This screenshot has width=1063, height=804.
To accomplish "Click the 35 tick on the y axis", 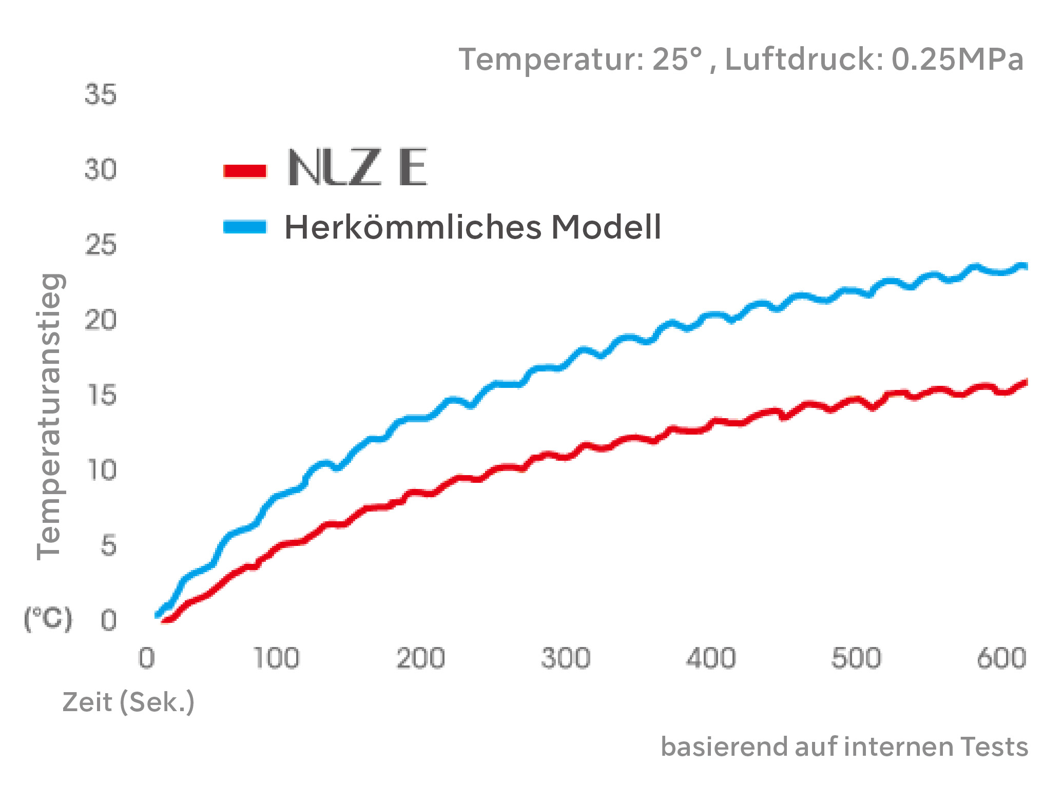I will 101,95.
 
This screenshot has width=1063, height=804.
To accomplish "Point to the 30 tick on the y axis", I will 101,169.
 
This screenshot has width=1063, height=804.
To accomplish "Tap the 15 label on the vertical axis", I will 102,396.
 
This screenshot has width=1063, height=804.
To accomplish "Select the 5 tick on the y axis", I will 108,545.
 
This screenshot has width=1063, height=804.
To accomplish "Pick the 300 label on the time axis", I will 566,658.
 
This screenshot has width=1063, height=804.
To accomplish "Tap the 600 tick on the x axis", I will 1001,658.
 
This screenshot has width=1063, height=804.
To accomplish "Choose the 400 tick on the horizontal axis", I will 711,658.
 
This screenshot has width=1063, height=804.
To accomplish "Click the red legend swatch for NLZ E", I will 245,171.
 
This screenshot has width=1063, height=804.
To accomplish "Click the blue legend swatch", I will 245,227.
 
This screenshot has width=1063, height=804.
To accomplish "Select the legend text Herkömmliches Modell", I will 472,227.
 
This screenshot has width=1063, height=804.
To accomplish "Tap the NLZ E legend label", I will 357,168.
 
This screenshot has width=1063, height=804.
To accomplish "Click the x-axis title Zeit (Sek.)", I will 128,702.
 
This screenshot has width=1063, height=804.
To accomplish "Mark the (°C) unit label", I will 48,619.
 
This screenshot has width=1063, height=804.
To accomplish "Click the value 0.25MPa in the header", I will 957,60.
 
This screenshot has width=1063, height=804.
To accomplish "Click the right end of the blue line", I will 1025,266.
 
